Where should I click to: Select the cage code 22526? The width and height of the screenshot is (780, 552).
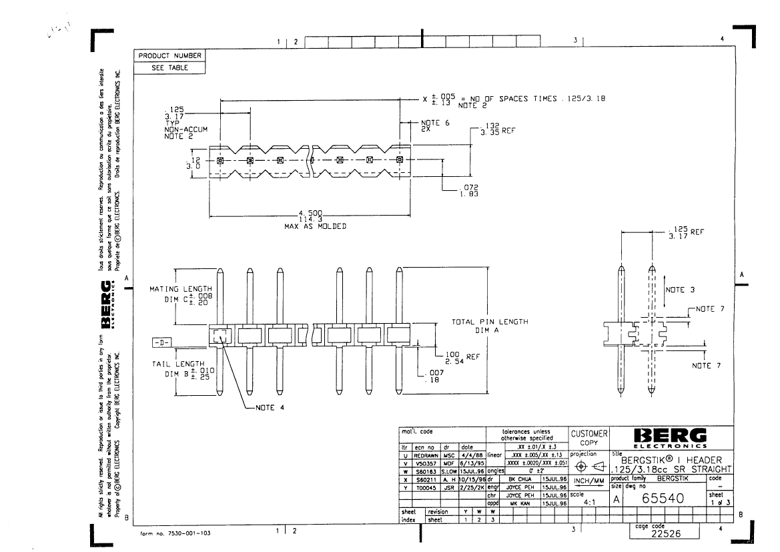[x=665, y=534]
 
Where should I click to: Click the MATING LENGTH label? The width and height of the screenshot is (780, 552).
[x=175, y=289]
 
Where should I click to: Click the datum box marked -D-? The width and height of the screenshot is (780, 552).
[x=161, y=342]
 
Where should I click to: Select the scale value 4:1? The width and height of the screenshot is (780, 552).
[x=589, y=505]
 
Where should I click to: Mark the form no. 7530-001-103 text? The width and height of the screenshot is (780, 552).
[x=175, y=534]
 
